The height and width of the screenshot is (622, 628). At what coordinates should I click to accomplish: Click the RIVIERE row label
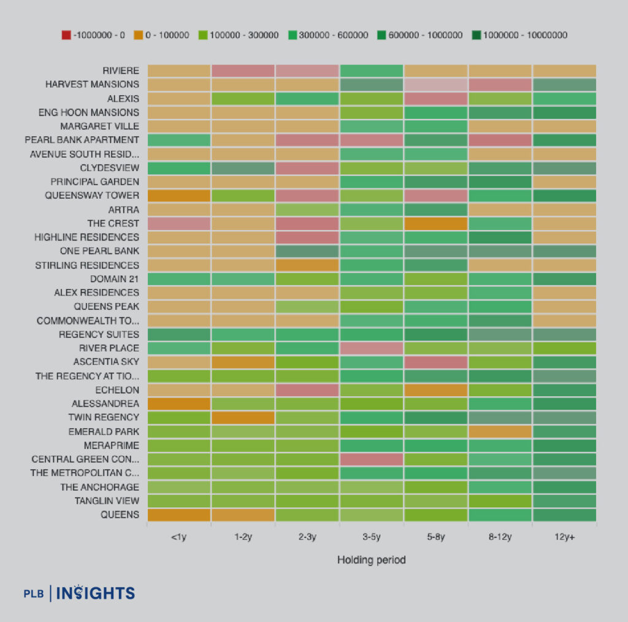pos(121,71)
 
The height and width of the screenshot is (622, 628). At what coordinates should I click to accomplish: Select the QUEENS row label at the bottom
pos(120,515)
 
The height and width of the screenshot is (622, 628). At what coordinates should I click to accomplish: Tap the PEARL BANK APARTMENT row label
pos(82,140)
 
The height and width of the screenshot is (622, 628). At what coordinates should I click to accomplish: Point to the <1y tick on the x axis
pos(179,537)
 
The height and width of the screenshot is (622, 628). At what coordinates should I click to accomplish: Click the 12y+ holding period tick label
pos(564,537)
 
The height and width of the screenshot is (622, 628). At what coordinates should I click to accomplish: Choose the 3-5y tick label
pos(372,537)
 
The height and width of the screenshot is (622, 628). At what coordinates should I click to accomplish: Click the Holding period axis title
pos(372,559)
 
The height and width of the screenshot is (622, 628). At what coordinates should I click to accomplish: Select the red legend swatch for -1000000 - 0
pos(66,35)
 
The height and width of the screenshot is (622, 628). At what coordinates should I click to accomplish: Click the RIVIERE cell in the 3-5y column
pos(372,71)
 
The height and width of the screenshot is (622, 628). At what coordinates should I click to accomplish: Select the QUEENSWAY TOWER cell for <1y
pos(179,196)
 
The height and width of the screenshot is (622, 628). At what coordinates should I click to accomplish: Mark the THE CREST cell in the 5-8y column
pos(435,223)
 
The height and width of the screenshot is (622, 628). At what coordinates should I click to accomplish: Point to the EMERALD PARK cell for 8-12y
pos(500,431)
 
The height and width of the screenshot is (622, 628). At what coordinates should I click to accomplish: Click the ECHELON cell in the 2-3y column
pos(307,390)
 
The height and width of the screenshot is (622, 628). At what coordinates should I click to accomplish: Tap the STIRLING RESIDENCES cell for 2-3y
pos(307,265)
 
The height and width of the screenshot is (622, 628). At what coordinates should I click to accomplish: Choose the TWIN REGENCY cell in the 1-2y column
pos(243,418)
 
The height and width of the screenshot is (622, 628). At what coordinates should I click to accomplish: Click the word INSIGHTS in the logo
pos(96,593)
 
